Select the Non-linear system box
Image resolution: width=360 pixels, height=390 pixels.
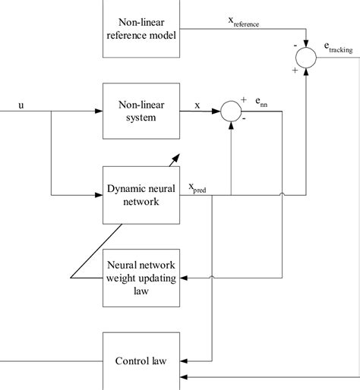142,112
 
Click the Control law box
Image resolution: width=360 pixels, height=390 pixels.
142,361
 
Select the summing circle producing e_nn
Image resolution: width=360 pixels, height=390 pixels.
230,112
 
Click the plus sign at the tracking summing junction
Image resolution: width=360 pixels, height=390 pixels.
293,69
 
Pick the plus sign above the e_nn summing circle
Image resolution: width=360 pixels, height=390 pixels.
244,99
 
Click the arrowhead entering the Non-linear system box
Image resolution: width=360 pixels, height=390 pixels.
99,112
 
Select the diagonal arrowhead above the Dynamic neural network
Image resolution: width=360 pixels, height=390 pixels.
175,156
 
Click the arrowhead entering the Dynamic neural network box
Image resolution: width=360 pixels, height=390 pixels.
99,194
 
